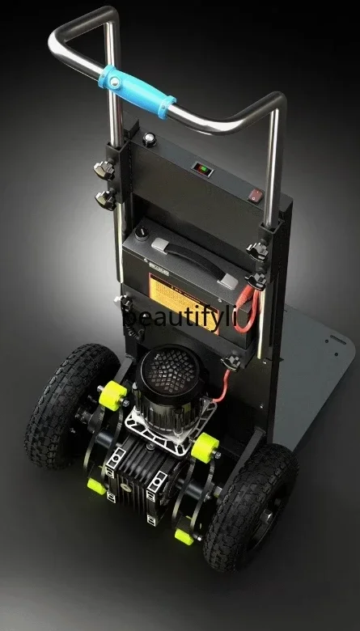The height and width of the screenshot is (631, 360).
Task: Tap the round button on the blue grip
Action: [x=116, y=83]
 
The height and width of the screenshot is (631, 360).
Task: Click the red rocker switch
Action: [x=256, y=195]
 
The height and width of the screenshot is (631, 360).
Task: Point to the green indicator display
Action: [x=202, y=169]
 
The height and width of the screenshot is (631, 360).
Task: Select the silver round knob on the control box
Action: [x=150, y=138]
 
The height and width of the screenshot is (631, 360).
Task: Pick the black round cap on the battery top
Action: [x=142, y=232]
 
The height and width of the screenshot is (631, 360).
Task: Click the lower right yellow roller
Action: [x=184, y=535]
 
